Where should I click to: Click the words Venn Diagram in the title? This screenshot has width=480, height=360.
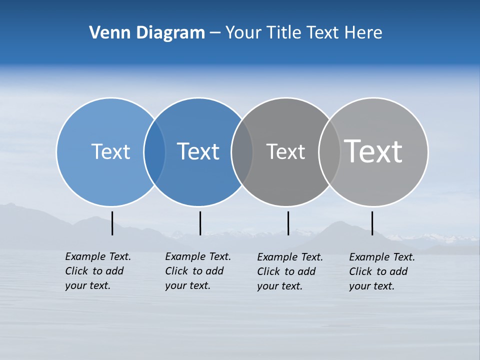147,33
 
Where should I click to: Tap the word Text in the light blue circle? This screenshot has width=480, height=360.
110,151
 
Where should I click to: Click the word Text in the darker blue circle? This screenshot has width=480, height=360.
198,151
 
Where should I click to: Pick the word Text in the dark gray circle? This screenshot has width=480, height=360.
285,151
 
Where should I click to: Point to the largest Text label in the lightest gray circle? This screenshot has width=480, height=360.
373,151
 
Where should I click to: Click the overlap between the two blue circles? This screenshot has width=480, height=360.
154,152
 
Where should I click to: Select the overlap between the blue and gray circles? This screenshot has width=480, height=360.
242,152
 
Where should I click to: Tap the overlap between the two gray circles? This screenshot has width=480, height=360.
329,152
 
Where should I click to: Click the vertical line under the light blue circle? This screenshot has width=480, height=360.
112,223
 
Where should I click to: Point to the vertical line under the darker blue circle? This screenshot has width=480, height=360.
200,223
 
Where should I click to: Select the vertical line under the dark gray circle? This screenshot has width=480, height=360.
288,223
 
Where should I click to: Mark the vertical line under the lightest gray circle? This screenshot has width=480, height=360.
372,223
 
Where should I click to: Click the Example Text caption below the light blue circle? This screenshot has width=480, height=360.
97,271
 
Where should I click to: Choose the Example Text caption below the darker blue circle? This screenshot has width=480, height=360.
197,271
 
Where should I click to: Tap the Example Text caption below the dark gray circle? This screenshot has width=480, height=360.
289,271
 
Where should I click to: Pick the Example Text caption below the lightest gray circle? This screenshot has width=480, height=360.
381,271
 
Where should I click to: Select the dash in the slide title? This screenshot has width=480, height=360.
215,33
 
